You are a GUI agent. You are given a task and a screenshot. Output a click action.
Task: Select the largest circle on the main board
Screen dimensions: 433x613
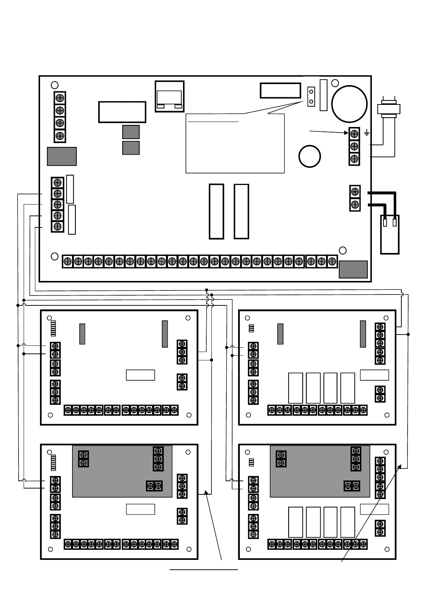pos(349,104)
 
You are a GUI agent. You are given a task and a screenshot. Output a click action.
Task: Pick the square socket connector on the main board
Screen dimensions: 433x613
pos(170,96)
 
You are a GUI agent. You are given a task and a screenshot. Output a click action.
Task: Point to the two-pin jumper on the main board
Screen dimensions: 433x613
pos(311,96)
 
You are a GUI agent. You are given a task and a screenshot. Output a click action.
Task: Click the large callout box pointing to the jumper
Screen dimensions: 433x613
pos(235,144)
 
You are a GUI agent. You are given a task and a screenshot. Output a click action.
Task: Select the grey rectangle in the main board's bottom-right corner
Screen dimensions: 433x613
pos(353,269)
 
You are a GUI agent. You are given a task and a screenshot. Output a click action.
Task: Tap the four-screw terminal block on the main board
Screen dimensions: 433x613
pos(60,116)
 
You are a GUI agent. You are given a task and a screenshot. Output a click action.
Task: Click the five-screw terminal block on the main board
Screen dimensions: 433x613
pos(57,205)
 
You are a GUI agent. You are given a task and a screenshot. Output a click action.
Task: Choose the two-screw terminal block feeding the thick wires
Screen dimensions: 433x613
pos(355,198)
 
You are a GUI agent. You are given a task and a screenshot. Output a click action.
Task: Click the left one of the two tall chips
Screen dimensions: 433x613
pos(216,211)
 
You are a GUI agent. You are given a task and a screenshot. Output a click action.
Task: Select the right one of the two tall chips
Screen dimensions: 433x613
pos(241,211)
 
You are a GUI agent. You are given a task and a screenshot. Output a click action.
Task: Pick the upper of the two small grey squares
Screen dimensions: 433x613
pos(131,132)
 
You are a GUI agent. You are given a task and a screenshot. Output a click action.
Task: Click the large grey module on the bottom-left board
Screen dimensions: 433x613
pos(122,471)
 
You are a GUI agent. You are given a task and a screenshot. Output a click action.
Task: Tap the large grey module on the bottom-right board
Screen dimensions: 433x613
pos(320,471)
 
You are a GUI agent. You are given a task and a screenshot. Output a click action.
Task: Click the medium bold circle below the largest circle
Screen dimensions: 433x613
pos(310,156)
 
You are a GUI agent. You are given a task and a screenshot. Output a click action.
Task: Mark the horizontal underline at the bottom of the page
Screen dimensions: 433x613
pos(203,569)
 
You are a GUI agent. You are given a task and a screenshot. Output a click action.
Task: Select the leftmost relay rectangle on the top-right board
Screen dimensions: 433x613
pos(295,388)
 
